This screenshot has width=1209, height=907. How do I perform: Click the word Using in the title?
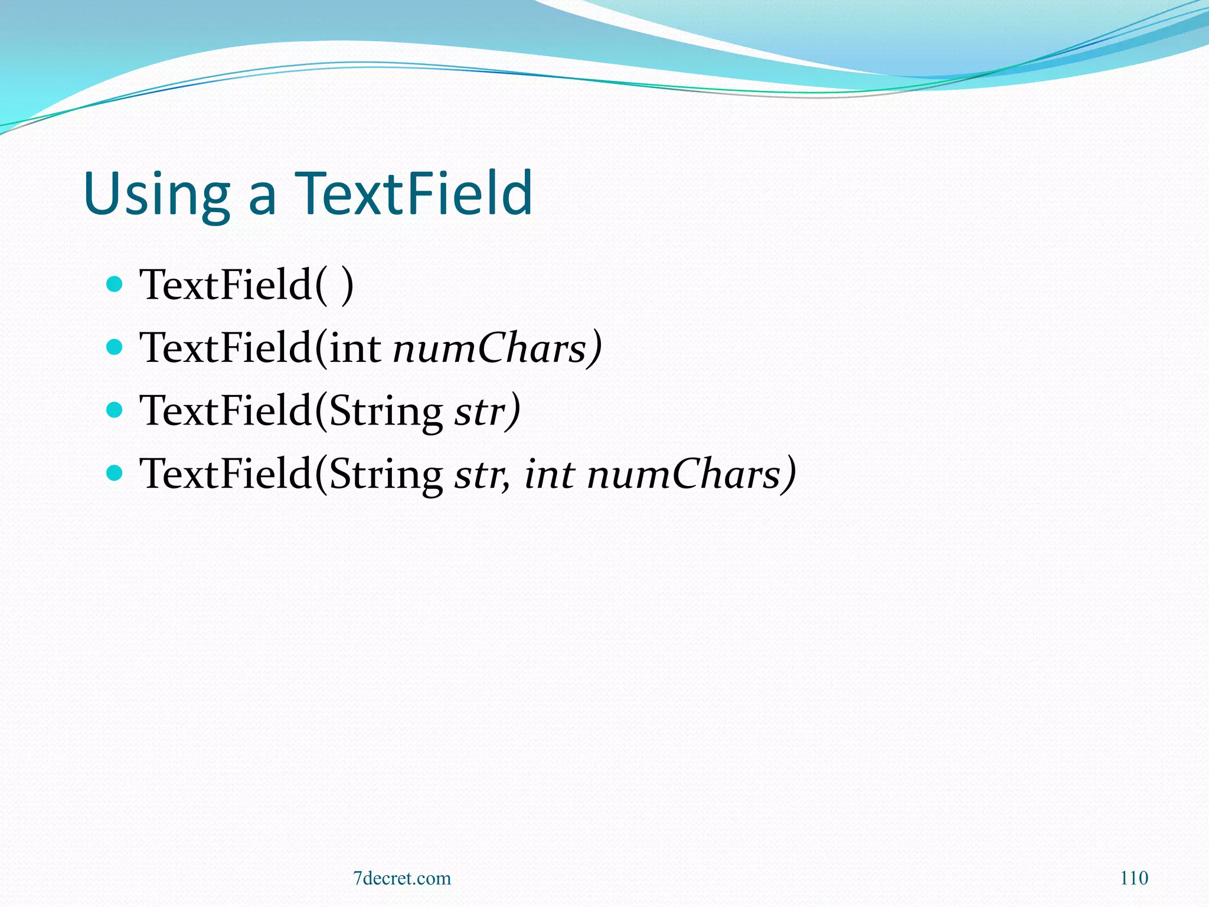coord(156,194)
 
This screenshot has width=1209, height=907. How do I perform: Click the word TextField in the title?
coord(414,193)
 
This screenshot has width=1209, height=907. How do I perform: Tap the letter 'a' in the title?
coord(262,198)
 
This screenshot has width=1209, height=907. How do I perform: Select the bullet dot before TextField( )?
coord(114,284)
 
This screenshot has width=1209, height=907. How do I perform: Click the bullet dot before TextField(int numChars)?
coord(114,347)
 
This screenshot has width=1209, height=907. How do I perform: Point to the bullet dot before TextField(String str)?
coord(114,410)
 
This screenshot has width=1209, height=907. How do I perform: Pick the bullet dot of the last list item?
coord(114,472)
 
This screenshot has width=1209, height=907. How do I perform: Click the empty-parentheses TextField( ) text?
coord(246,285)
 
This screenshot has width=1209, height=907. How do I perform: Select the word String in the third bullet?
coord(385,412)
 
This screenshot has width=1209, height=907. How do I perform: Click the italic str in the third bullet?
coord(479,412)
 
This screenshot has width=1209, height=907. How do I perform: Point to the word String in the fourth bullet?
coord(385,474)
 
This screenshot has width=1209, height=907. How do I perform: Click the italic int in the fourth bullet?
coord(550,474)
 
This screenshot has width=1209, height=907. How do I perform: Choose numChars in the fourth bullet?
coord(685,474)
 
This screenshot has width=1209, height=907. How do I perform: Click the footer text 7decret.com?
coord(402,878)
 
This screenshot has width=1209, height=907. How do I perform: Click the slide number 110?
coord(1134,877)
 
